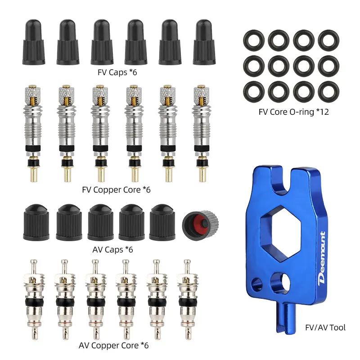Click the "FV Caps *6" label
click(x=117, y=72)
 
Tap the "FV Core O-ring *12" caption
click(x=294, y=112)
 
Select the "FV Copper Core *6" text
click(x=116, y=190)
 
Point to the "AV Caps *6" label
click(x=113, y=250)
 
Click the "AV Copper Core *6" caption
click(x=114, y=345)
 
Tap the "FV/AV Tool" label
click(x=325, y=328)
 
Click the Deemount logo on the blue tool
click(x=321, y=258)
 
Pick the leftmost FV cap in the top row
click(x=34, y=42)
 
